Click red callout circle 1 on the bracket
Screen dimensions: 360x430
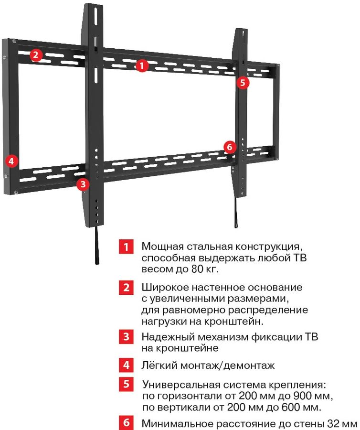(142, 65)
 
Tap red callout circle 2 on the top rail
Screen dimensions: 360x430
(36, 55)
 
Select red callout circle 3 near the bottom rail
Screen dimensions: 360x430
(83, 184)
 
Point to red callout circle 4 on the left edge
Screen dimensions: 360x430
(11, 161)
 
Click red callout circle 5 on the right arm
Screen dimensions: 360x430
(243, 82)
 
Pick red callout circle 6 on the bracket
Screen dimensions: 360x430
(230, 147)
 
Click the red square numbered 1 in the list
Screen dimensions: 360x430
(126, 247)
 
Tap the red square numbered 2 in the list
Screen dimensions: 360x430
(126, 288)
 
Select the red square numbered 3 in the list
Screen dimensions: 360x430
(126, 336)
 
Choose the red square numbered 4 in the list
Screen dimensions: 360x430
(126, 365)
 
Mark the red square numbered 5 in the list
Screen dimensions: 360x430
(126, 384)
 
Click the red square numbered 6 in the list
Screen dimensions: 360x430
(126, 423)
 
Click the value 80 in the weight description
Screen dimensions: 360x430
(197, 269)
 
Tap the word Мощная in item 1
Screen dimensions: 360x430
(162, 247)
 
